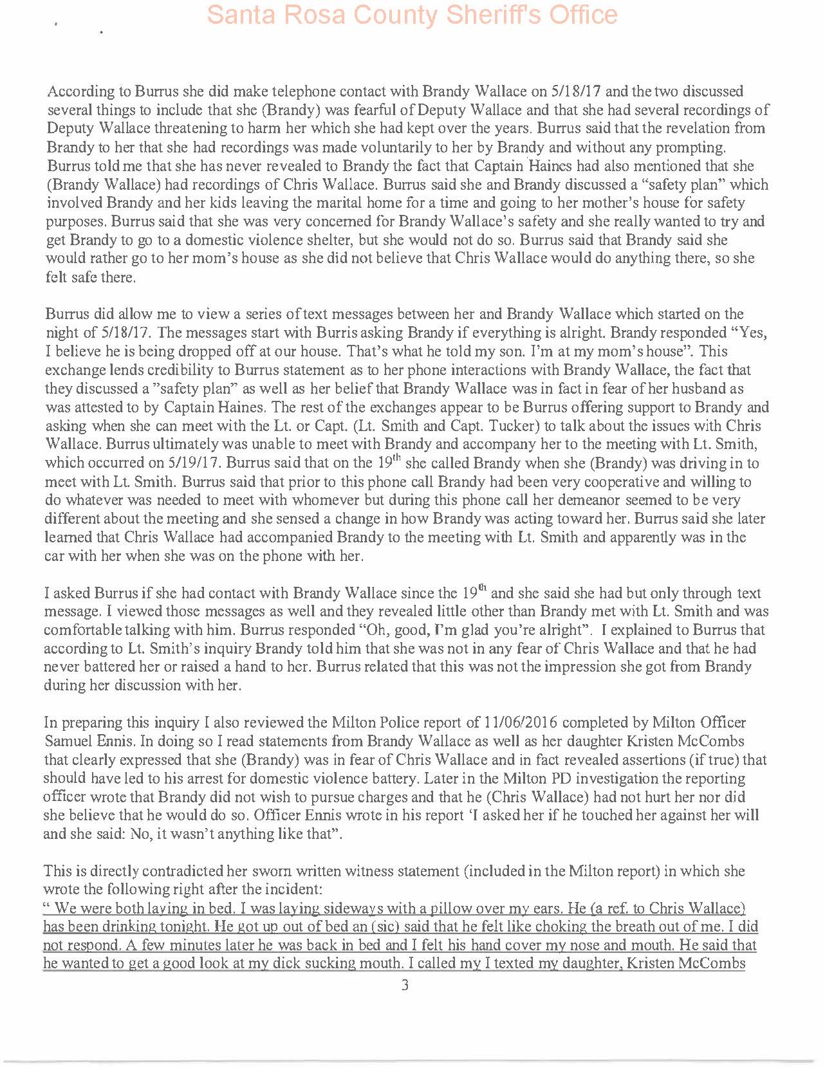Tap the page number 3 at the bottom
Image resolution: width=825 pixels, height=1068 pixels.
pos(405,985)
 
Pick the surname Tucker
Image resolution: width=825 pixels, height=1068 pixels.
pos(622,426)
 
